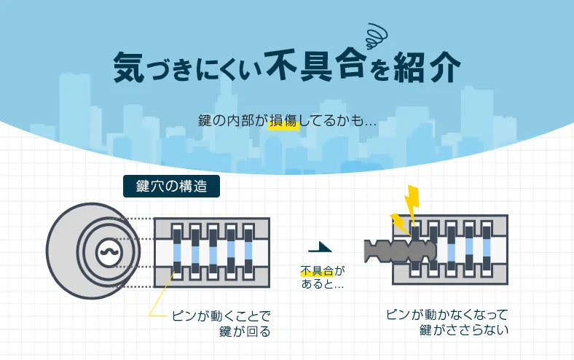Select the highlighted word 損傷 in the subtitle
pyautogui.click(x=283, y=120)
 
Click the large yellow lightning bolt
pyautogui.click(x=412, y=200)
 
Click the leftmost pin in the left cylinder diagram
pyautogui.click(x=177, y=251)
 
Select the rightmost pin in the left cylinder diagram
pyautogui.click(x=248, y=251)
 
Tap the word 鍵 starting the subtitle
pyautogui.click(x=205, y=120)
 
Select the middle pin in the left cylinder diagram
pyautogui.click(x=213, y=251)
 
